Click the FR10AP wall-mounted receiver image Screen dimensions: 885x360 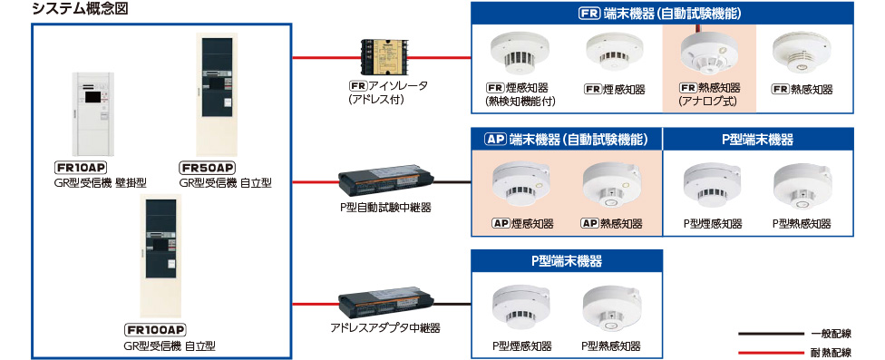coord(92,114)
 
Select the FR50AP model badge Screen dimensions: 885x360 coord(207,168)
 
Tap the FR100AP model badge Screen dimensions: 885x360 coord(156,330)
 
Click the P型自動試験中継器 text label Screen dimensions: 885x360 coord(385,208)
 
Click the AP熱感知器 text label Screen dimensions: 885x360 coord(611,224)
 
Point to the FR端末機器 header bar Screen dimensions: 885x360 coord(662,14)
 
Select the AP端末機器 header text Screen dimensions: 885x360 coord(566,139)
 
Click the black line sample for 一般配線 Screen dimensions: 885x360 coord(771,334)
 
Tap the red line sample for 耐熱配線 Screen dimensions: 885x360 coord(771,353)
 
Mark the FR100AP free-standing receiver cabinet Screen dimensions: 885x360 coord(160,257)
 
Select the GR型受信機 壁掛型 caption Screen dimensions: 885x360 coord(100,183)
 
